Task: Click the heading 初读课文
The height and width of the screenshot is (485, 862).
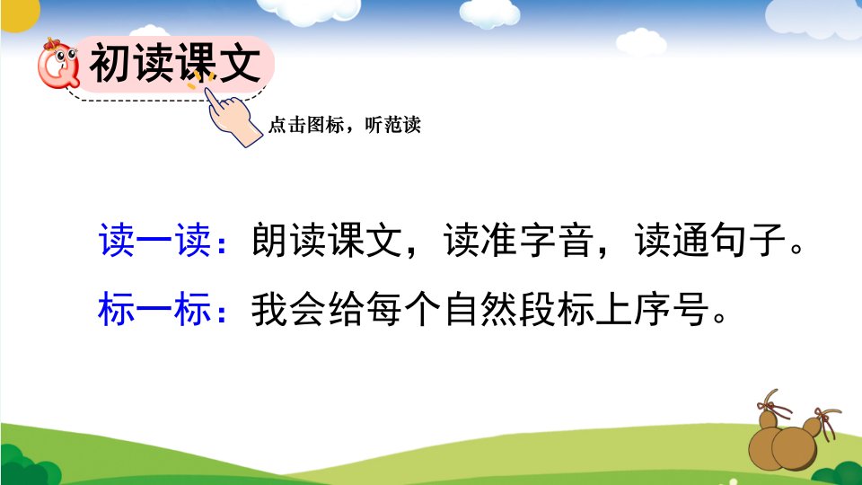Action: (x=175, y=63)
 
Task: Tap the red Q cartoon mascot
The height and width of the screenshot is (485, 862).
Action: (x=58, y=64)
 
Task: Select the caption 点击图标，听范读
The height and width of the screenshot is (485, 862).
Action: (x=345, y=126)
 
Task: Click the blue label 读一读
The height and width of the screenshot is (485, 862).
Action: (x=155, y=241)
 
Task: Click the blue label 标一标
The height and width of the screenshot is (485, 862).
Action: (x=154, y=309)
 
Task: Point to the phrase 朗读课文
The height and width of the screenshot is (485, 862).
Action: (x=327, y=241)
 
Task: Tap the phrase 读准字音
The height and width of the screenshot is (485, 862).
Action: (x=518, y=241)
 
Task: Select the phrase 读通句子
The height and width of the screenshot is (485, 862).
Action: (x=709, y=241)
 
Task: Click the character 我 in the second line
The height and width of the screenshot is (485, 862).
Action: (x=269, y=309)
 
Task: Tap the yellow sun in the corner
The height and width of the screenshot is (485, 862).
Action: (x=20, y=13)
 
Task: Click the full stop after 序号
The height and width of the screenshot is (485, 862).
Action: (x=719, y=317)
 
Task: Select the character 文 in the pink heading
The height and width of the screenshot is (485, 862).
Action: (x=241, y=63)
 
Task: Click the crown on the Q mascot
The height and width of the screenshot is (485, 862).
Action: (x=52, y=43)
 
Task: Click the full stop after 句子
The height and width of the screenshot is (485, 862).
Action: (x=796, y=249)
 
